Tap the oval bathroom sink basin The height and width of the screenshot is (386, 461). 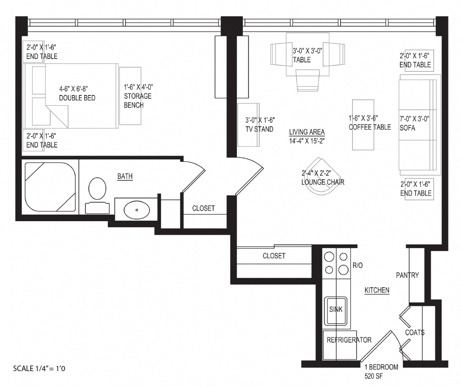(x=137, y=210)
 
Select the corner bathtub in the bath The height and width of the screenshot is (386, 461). (x=50, y=187)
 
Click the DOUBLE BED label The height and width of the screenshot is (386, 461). (x=77, y=98)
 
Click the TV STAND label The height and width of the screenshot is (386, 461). (x=259, y=129)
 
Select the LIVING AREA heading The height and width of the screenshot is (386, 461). (x=307, y=132)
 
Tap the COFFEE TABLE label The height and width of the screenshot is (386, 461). (x=370, y=127)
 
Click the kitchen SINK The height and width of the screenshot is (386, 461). (x=335, y=310)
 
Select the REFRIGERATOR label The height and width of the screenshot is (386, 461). (x=349, y=340)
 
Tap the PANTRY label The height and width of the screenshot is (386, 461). (x=407, y=275)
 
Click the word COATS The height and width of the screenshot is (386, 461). (x=414, y=332)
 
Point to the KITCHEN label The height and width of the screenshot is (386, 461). (x=376, y=290)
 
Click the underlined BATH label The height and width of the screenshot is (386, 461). (x=125, y=176)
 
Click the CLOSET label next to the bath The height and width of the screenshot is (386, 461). (x=203, y=208)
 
